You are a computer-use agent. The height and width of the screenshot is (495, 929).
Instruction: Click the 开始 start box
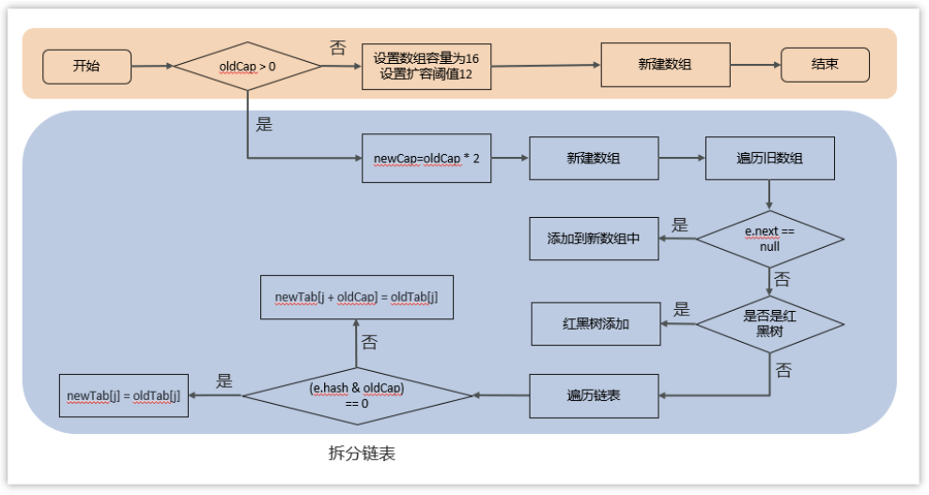pyautogui.click(x=85, y=67)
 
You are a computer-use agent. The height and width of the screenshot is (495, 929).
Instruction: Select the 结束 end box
pyautogui.click(x=825, y=65)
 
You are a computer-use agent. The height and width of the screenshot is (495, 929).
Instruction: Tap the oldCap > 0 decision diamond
pyautogui.click(x=248, y=67)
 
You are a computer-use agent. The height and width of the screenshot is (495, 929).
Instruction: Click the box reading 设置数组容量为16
pyautogui.click(x=426, y=66)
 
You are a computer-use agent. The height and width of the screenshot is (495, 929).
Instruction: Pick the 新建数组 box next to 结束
pyautogui.click(x=665, y=64)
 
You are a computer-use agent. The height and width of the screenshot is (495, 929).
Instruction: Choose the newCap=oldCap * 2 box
pyautogui.click(x=426, y=159)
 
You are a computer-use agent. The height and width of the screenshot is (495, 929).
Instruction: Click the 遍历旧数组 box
pyautogui.click(x=769, y=158)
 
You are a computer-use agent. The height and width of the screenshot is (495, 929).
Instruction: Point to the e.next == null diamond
pyautogui.click(x=769, y=239)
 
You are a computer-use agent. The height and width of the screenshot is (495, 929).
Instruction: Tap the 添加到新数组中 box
pyautogui.click(x=594, y=239)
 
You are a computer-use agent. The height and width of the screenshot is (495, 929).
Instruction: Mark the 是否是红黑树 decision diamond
pyautogui.click(x=769, y=323)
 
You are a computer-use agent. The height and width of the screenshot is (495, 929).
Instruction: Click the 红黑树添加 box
pyautogui.click(x=596, y=323)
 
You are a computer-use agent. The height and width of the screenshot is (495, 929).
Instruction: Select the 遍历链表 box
pyautogui.click(x=594, y=395)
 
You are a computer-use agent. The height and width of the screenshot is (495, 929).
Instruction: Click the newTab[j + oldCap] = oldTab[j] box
pyautogui.click(x=356, y=297)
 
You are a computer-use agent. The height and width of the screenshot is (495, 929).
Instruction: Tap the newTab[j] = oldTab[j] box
pyautogui.click(x=123, y=395)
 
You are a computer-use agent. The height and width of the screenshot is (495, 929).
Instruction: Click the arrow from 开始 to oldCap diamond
pyautogui.click(x=151, y=67)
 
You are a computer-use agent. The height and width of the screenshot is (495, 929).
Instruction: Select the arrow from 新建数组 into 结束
pyautogui.click(x=755, y=65)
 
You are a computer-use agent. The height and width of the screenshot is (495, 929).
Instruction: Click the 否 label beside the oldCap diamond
pyautogui.click(x=338, y=45)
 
